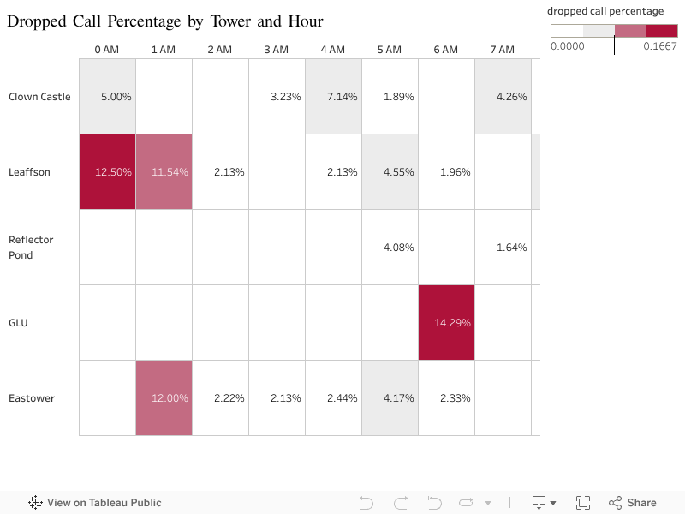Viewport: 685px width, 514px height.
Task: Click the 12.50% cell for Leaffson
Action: [x=107, y=172]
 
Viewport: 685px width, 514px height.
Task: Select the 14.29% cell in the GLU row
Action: [x=446, y=323]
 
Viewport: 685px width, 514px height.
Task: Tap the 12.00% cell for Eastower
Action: [x=164, y=398]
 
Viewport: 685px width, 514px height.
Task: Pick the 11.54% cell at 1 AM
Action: [x=164, y=172]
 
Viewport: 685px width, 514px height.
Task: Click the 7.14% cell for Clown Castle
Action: [x=333, y=97]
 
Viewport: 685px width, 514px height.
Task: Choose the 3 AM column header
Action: [x=276, y=50]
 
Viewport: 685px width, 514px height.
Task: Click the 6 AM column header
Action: [x=445, y=50]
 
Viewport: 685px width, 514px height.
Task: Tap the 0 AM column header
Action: [x=106, y=50]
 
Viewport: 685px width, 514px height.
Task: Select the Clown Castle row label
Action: [x=39, y=97]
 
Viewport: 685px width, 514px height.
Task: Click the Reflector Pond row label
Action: [x=31, y=248]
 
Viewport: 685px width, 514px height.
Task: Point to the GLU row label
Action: [x=19, y=323]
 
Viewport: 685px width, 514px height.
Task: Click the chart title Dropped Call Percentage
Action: [x=164, y=21]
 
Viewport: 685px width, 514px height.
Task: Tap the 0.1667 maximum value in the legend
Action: [x=660, y=46]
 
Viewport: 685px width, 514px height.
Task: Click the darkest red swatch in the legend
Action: [x=662, y=31]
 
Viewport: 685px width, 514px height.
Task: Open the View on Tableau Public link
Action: [x=95, y=503]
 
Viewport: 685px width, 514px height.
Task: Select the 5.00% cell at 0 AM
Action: [x=107, y=97]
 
